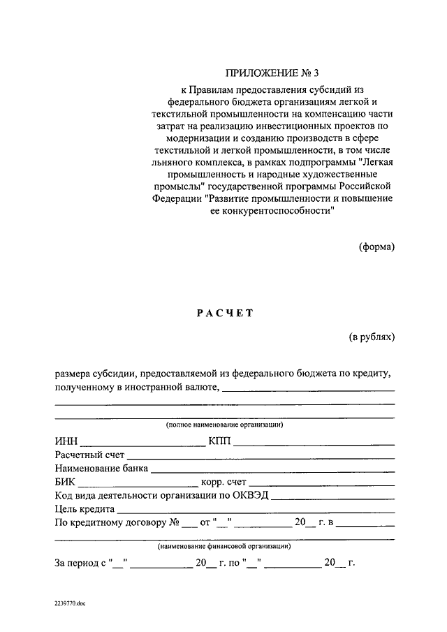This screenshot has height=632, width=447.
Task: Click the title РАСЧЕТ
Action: (223, 314)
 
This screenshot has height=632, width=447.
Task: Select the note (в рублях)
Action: (372, 337)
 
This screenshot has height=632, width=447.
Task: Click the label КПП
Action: (219, 441)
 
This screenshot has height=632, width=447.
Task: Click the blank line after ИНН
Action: (143, 444)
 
